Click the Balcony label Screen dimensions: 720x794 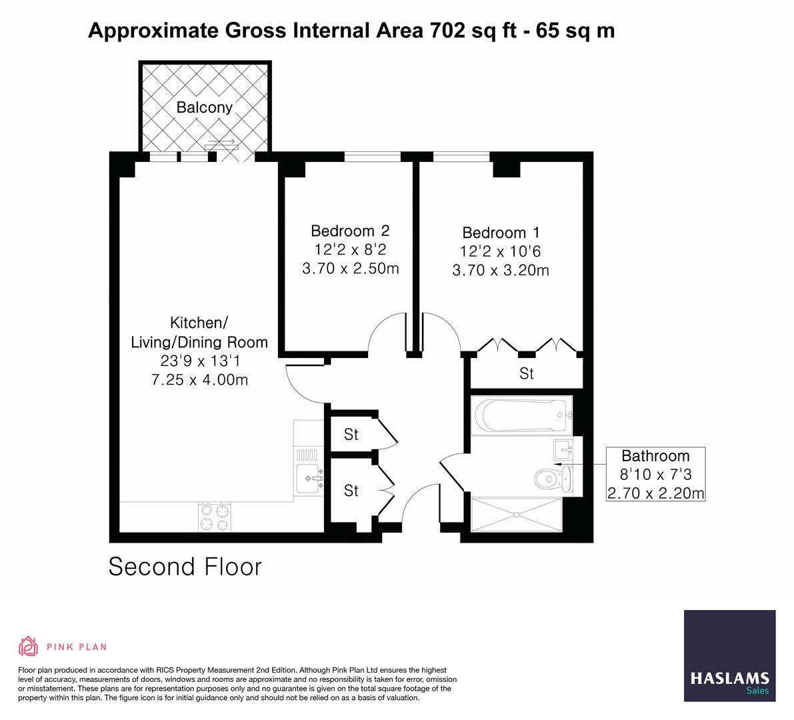204,107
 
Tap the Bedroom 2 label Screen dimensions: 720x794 350,231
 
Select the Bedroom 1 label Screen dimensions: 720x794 501,233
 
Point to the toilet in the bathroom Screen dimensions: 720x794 548,479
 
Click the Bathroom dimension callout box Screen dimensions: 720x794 655,475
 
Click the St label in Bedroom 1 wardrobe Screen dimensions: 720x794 527,374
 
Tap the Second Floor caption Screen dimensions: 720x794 185,567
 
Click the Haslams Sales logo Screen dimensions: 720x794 730,656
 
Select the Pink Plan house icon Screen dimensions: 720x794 29,646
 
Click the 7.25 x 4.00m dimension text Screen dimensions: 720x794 199,380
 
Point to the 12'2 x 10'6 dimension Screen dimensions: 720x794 501,252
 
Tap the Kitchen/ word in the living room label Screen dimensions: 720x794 199,323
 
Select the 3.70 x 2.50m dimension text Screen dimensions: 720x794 350,269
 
